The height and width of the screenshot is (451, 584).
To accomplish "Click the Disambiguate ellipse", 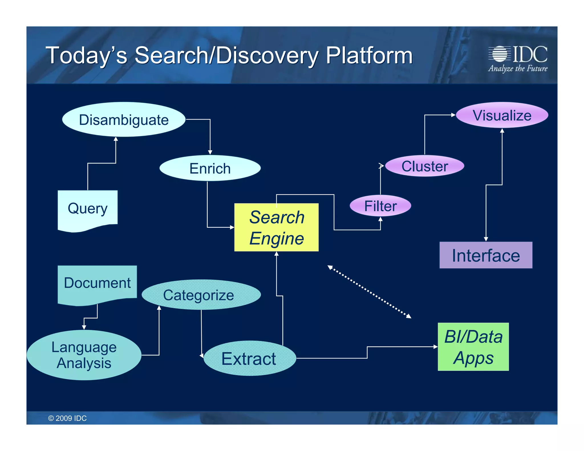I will (123, 119).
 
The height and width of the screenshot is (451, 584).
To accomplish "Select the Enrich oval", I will (210, 168).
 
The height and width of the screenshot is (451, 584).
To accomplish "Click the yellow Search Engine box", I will (276, 227).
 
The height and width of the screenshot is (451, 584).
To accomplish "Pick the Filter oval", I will (380, 206).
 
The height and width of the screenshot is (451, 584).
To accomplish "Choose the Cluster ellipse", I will (424, 166).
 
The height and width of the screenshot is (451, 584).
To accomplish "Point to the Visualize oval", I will (502, 115).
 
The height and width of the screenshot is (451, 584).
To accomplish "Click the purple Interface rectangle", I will (486, 255).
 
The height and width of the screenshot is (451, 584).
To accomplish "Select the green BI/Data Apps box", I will (473, 347).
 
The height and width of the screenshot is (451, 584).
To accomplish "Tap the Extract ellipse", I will (250, 358).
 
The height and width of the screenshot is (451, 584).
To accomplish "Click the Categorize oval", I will (201, 295).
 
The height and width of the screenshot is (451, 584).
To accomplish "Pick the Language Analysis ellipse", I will (84, 355).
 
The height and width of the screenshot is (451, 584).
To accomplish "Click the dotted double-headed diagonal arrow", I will (369, 292).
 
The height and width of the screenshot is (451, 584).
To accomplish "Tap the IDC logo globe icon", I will (500, 54).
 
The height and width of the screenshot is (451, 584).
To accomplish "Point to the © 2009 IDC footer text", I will (67, 418).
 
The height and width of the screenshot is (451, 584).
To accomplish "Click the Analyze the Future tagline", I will (518, 68).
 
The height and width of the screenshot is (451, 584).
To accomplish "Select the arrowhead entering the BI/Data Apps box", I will (435, 347).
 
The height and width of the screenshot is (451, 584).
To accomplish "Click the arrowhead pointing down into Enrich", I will (210, 152).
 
